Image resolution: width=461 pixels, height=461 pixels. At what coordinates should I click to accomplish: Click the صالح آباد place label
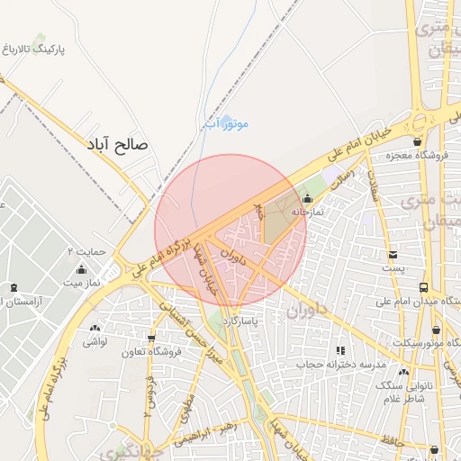pos(117,143)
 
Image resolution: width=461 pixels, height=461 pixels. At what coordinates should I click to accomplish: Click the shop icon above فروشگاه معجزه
pos(417,141)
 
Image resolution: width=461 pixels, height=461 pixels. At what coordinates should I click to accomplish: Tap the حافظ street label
pos(387,440)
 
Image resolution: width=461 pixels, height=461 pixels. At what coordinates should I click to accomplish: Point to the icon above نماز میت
pos(81,269)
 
